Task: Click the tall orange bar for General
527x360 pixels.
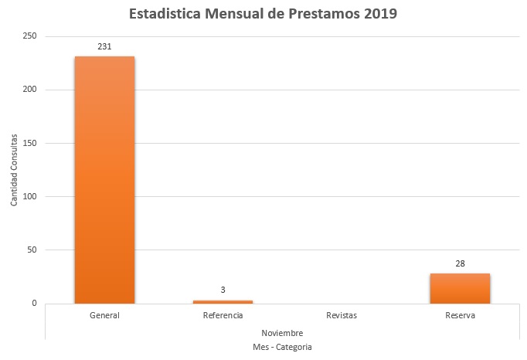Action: [104, 179]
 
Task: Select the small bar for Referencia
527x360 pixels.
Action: [223, 301]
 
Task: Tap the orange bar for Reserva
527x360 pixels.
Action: [460, 288]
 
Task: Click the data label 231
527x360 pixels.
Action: [104, 46]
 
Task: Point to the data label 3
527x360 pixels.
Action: [223, 290]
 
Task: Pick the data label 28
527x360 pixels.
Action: [460, 263]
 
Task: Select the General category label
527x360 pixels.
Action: [104, 316]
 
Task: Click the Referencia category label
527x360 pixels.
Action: [223, 316]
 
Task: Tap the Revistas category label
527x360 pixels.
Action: [342, 316]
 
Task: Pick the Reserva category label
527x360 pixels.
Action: [460, 316]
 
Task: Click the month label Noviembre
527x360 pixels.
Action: [282, 332]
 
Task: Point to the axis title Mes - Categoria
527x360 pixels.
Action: [282, 348]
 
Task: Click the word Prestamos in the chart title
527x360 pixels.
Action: [314, 14]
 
